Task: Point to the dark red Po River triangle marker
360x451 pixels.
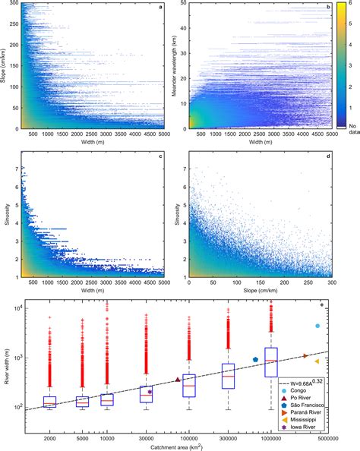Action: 178,380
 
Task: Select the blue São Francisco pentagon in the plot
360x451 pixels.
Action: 256,360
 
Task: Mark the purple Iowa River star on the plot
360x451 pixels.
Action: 150,392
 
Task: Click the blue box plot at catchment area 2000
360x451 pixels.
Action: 50,402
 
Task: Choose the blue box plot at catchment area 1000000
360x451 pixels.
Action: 271,362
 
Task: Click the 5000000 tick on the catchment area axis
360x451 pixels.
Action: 327,440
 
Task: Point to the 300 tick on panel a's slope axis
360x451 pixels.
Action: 15,5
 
